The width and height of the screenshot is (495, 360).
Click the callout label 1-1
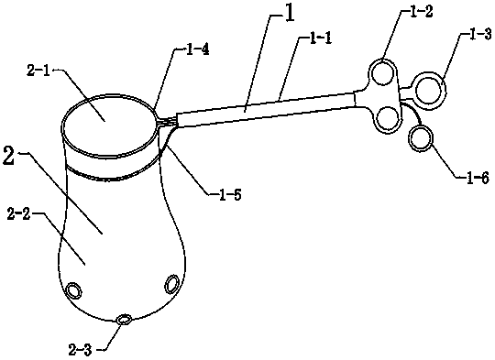click(x=320, y=39)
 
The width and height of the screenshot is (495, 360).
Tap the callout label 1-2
click(x=421, y=12)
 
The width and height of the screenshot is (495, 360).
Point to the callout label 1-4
click(x=197, y=50)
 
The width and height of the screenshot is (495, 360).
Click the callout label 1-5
click(x=230, y=195)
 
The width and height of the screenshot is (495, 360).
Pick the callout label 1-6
click(x=478, y=178)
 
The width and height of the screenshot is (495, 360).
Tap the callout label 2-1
click(x=38, y=71)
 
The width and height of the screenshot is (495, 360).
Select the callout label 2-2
click(x=19, y=214)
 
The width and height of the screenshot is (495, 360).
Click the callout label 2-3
click(x=80, y=350)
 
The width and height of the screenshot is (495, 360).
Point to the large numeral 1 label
click(x=290, y=14)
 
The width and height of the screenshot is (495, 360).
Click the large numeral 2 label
click(x=8, y=155)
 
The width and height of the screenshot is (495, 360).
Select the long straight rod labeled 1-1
click(x=266, y=109)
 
